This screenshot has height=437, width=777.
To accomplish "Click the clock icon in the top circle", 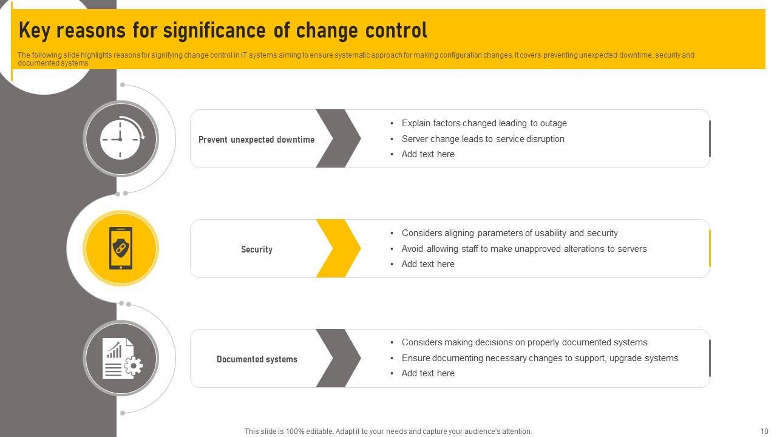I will click(120, 139).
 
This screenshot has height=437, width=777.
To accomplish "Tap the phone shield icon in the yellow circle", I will click(121, 248).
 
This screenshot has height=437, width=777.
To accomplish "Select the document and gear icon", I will click(121, 358).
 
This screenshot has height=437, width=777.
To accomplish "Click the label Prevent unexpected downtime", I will click(256, 140).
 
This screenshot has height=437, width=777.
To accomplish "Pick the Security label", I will click(256, 249).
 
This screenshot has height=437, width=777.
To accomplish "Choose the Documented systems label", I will click(257, 359).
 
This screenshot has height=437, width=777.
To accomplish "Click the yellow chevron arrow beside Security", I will click(339, 248).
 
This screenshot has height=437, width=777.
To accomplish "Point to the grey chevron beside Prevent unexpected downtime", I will click(339, 138).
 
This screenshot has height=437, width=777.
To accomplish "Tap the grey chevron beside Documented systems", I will click(339, 358).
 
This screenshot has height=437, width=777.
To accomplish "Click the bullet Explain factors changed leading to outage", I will click(484, 123).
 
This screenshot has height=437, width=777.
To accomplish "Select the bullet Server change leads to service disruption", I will click(483, 139).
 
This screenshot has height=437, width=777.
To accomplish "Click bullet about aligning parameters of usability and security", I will click(509, 233).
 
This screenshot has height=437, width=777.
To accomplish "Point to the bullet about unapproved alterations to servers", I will click(524, 249).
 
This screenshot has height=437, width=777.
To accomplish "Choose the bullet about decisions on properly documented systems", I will click(524, 342).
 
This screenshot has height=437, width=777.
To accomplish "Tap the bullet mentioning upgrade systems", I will click(540, 358).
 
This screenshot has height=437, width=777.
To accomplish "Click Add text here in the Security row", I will click(427, 264).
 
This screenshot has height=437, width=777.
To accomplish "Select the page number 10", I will click(764, 432).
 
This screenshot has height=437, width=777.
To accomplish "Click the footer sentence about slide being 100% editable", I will click(388, 432).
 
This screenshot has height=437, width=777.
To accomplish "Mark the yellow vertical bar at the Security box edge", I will click(709, 248).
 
